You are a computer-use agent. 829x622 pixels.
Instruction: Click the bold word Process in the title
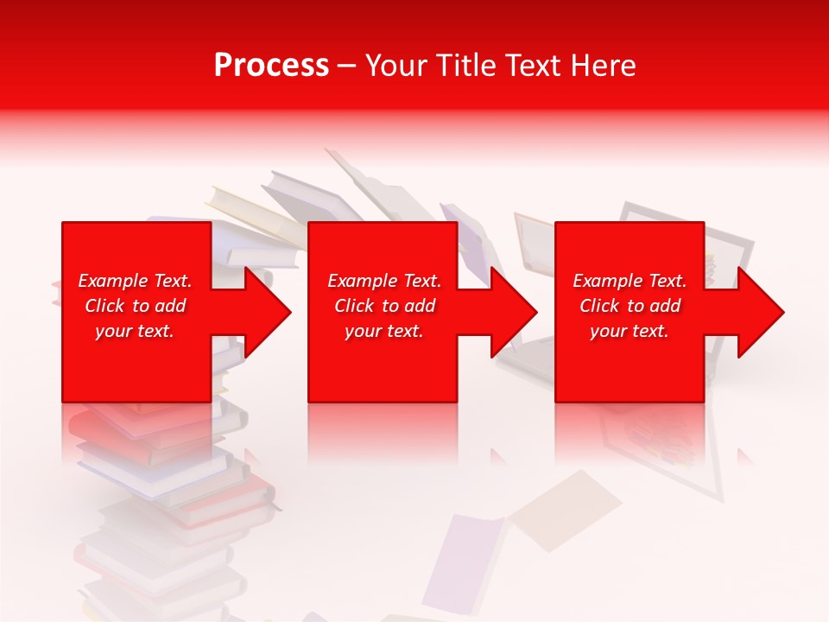coord(271,66)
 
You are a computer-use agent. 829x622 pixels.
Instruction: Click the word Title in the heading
coord(467,66)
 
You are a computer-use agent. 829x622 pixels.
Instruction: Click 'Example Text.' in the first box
coord(135,281)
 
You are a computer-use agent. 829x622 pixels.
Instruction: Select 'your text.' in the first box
coord(135,331)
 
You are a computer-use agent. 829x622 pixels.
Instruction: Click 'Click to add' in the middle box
coord(384,306)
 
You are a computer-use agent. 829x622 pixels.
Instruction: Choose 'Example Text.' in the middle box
coord(384,281)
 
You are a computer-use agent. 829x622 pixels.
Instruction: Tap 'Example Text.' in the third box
coord(630,281)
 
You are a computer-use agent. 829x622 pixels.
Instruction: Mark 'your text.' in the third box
coord(630,331)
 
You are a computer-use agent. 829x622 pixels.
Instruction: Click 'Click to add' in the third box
coord(630,306)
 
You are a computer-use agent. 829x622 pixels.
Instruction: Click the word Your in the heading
coord(394,66)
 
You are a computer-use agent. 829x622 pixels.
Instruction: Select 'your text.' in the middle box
coord(384,331)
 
